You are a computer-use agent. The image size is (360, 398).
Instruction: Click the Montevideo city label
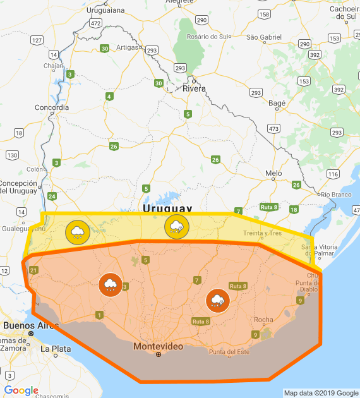(x=158, y=347)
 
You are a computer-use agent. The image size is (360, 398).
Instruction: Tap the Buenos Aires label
(x=26, y=325)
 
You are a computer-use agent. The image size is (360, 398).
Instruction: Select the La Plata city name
(x=53, y=348)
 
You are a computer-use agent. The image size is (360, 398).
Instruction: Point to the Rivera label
(x=194, y=88)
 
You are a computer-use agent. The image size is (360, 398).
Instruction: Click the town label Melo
(x=273, y=173)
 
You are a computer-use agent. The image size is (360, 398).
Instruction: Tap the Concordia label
(x=51, y=107)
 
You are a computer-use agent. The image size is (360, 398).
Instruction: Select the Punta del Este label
(x=229, y=352)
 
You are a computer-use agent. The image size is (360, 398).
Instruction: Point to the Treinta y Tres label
(x=263, y=233)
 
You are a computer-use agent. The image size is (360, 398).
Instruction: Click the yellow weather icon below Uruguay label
(x=176, y=227)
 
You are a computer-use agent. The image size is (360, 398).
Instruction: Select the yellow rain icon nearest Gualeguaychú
(x=76, y=233)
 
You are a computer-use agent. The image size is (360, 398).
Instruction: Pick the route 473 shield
(x=273, y=129)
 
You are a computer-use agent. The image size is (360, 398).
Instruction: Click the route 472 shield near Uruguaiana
(x=95, y=23)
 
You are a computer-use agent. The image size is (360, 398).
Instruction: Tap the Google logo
(x=21, y=390)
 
